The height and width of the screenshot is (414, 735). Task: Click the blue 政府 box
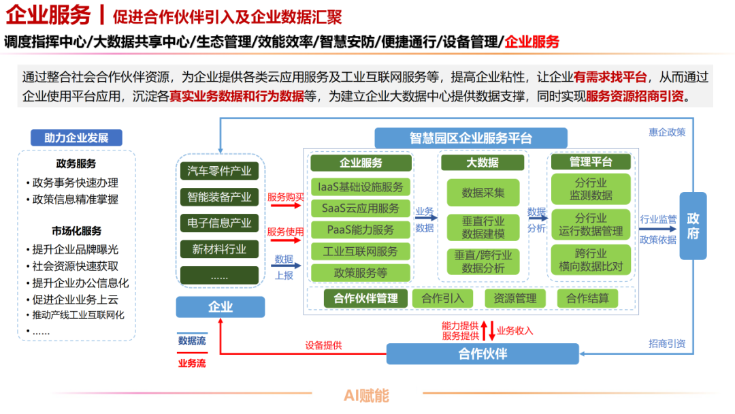click(x=693, y=226)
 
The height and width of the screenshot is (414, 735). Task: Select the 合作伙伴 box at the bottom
click(x=483, y=354)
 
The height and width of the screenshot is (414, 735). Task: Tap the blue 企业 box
click(x=220, y=308)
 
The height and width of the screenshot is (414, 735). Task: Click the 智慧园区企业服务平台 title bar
click(x=471, y=138)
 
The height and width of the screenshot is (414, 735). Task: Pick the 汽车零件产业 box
click(x=219, y=171)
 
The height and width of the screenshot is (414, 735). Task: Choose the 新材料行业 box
click(x=219, y=249)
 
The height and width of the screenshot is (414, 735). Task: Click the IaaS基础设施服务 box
click(x=361, y=187)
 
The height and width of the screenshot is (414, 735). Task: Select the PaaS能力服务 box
click(x=361, y=229)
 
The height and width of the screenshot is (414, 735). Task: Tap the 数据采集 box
click(x=483, y=193)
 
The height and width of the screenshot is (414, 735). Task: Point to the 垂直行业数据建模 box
click(x=483, y=227)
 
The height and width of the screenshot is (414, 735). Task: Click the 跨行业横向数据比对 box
click(x=590, y=259)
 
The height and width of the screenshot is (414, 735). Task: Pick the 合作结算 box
click(x=587, y=298)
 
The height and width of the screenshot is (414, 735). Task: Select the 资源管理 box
click(x=515, y=298)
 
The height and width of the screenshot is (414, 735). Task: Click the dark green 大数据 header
click(x=483, y=163)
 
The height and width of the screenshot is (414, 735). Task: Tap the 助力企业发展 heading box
click(x=76, y=138)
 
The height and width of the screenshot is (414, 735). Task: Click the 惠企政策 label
click(x=667, y=132)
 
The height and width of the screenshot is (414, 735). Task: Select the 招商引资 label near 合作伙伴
click(x=667, y=344)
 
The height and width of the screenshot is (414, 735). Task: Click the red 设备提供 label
click(x=323, y=346)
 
